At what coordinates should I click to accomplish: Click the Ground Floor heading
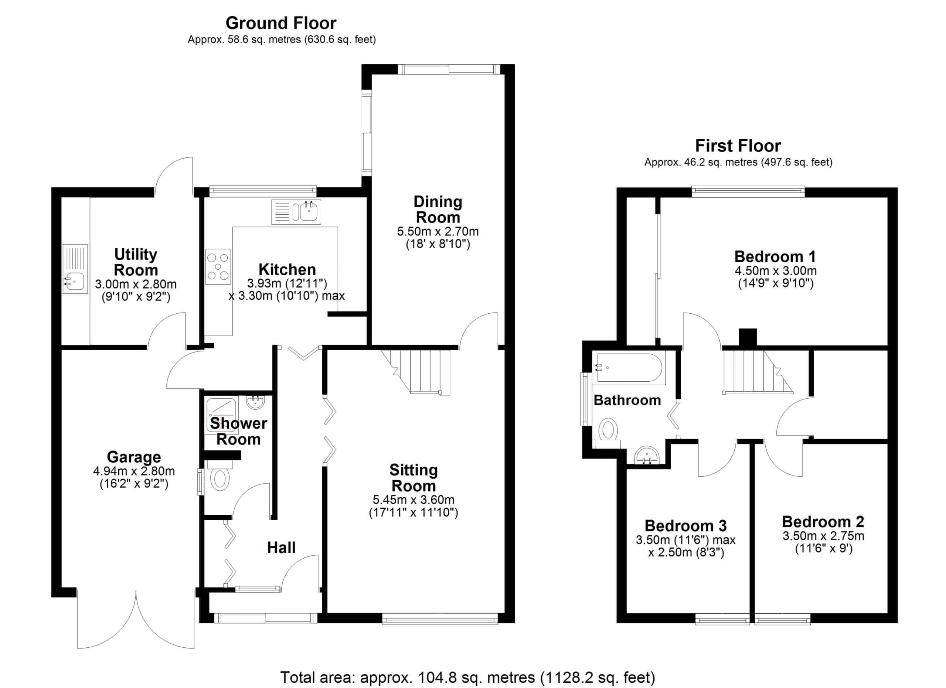(281, 23)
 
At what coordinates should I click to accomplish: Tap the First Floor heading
(738, 146)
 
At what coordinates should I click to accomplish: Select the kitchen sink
(296, 212)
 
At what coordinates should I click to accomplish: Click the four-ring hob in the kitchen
(218, 266)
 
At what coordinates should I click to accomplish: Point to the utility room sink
(75, 269)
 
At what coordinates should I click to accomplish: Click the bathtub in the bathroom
(629, 368)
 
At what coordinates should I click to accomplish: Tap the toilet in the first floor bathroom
(608, 434)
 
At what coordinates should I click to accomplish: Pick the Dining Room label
(438, 209)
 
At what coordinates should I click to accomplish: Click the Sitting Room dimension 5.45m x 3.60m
(414, 500)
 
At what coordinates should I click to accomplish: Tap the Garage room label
(134, 457)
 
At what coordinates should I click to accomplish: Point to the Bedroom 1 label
(775, 256)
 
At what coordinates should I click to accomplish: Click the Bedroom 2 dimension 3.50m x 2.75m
(823, 536)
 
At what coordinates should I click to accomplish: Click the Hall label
(282, 548)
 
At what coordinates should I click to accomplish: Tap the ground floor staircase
(417, 372)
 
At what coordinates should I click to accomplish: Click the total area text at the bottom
(467, 677)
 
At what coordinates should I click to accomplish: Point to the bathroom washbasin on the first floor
(647, 455)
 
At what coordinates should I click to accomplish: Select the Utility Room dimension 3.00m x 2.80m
(136, 285)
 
